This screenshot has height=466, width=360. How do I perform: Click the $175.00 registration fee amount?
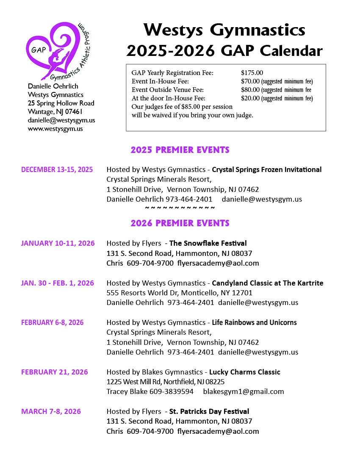click(252, 73)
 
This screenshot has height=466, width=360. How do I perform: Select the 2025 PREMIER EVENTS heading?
click(180, 150)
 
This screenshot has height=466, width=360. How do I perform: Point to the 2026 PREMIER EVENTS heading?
click(180, 223)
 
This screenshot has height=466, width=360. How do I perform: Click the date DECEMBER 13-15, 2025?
click(57, 169)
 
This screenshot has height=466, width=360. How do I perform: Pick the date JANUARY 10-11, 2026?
click(58, 243)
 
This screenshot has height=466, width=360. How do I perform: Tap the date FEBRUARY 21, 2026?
click(55, 372)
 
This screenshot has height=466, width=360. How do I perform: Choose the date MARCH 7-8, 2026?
click(51, 411)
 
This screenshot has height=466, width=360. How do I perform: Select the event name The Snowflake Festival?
click(208, 243)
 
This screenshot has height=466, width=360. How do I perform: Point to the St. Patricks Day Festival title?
click(209, 411)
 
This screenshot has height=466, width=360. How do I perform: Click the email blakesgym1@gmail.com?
click(244, 391)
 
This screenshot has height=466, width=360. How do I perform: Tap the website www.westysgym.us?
click(55, 129)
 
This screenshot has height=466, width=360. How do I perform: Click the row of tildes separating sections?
click(180, 208)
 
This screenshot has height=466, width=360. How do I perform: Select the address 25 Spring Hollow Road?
click(61, 103)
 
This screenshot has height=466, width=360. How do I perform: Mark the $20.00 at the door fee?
click(250, 98)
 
